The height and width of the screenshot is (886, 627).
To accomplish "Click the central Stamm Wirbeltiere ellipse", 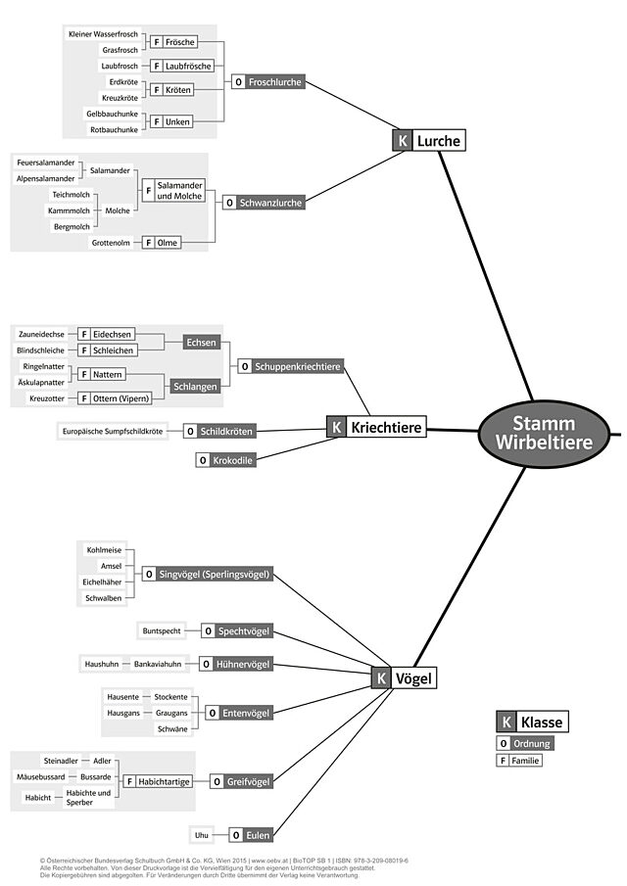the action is pyautogui.click(x=545, y=434).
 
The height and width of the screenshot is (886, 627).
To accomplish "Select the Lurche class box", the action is pyautogui.click(x=429, y=140).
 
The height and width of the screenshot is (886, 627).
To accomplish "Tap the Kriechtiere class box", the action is pyautogui.click(x=376, y=427).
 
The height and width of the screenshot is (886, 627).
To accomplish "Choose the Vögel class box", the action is pyautogui.click(x=405, y=677).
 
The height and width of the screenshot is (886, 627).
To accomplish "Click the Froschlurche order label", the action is pyautogui.click(x=268, y=82).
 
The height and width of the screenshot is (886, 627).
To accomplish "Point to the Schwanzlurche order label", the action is pyautogui.click(x=265, y=203).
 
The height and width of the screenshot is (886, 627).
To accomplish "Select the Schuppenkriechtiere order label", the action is pyautogui.click(x=291, y=366).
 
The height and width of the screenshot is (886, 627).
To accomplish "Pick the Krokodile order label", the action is pyautogui.click(x=225, y=460).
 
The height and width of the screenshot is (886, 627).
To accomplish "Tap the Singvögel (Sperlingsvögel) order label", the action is pyautogui.click(x=208, y=574).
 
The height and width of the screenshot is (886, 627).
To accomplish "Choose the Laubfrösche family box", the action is pyautogui.click(x=182, y=67).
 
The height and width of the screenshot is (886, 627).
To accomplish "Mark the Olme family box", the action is pyautogui.click(x=162, y=243).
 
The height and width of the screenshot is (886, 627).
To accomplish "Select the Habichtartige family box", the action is pyautogui.click(x=158, y=781).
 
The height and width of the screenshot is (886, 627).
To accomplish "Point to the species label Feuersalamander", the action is pyautogui.click(x=46, y=163).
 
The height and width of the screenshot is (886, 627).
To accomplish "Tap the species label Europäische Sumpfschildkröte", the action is pyautogui.click(x=113, y=431).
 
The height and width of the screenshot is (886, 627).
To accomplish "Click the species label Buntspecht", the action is pyautogui.click(x=162, y=630).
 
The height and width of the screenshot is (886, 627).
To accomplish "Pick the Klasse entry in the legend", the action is pyautogui.click(x=533, y=722).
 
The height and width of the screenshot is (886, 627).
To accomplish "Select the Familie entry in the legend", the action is pyautogui.click(x=519, y=761).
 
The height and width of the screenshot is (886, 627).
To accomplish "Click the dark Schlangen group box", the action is pyautogui.click(x=195, y=387).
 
